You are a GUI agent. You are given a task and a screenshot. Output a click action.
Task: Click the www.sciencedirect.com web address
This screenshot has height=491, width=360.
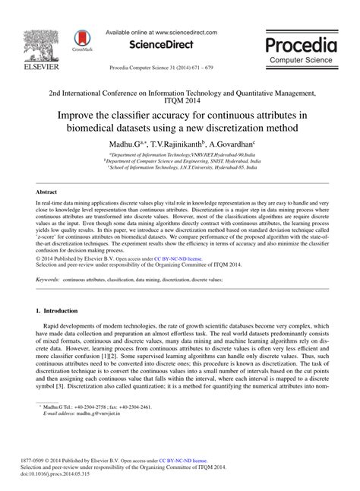point(183,33)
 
